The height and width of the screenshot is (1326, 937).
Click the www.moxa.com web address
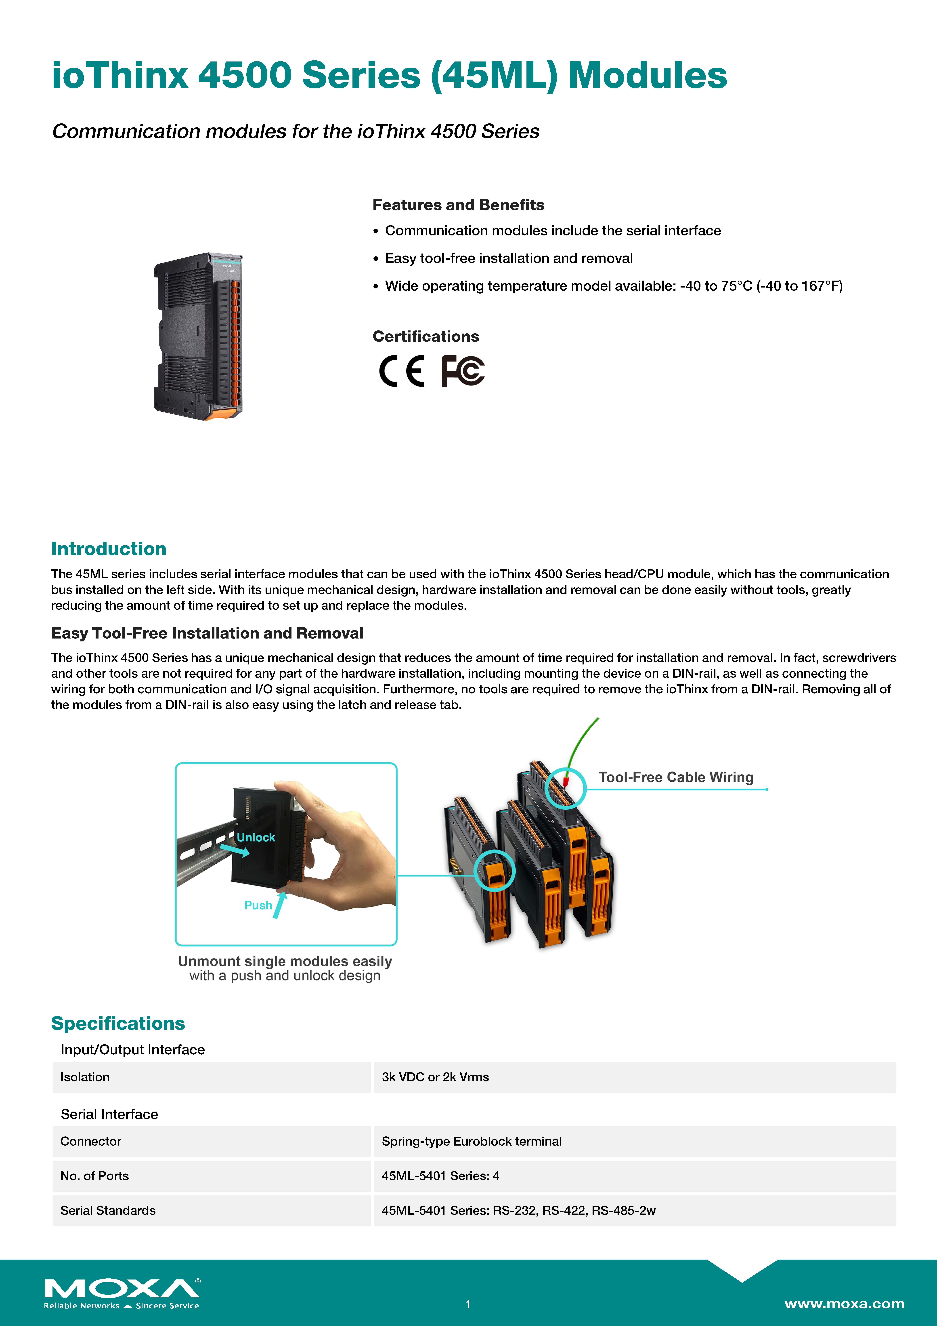click(844, 1303)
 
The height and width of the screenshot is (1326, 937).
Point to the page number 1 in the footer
click(468, 1304)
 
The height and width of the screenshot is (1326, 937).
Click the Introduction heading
click(109, 549)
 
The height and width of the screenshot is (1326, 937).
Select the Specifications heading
click(118, 1023)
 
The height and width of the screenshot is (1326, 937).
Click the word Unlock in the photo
click(256, 837)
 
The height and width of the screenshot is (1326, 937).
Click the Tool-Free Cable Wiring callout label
click(675, 777)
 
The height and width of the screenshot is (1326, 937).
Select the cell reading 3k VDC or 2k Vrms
click(435, 1077)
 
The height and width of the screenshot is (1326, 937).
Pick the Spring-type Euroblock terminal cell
click(471, 1141)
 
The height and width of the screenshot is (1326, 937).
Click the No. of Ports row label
click(95, 1176)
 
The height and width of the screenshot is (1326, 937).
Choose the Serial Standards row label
click(108, 1210)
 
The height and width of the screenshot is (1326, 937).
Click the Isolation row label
click(85, 1077)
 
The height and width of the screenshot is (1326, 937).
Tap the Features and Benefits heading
click(458, 205)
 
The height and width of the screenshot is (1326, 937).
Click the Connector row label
click(91, 1141)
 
